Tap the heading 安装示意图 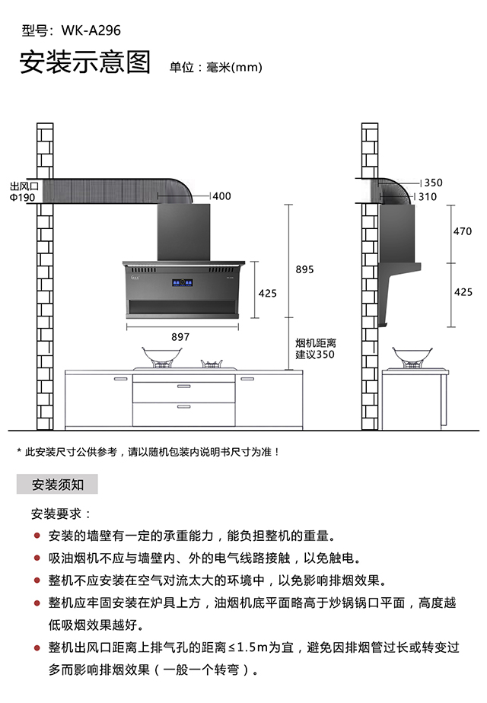85,63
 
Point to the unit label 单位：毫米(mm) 215,67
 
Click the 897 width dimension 180,336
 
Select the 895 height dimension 304,269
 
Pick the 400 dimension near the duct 221,196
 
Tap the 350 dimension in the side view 433,183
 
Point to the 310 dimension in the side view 428,196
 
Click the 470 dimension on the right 463,231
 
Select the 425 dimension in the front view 268,293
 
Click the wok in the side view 409,355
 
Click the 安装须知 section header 57,484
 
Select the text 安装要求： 61,514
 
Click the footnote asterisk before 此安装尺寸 19,452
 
